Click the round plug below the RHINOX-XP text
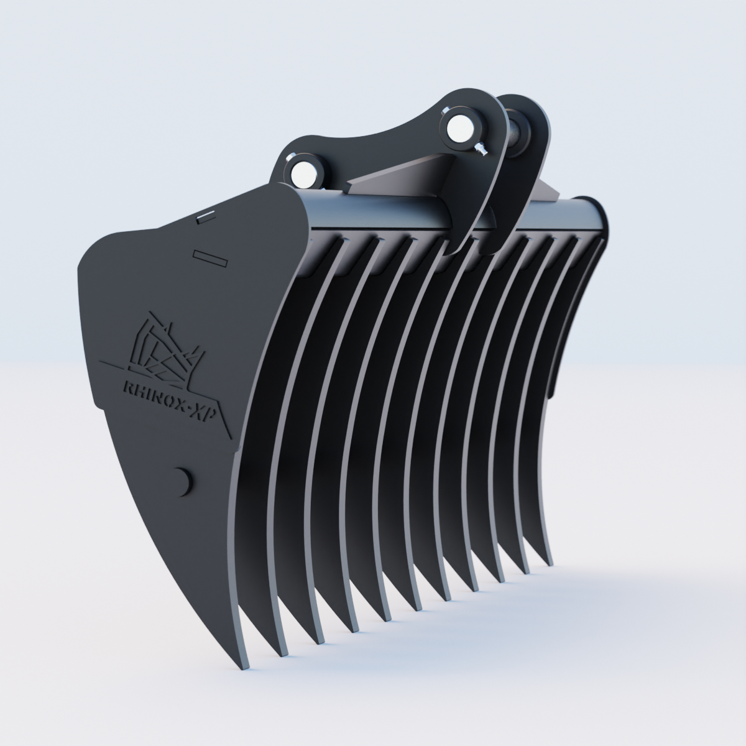tap(181, 481)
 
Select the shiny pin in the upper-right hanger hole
tap(461, 128)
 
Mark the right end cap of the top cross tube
tap(597, 218)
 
